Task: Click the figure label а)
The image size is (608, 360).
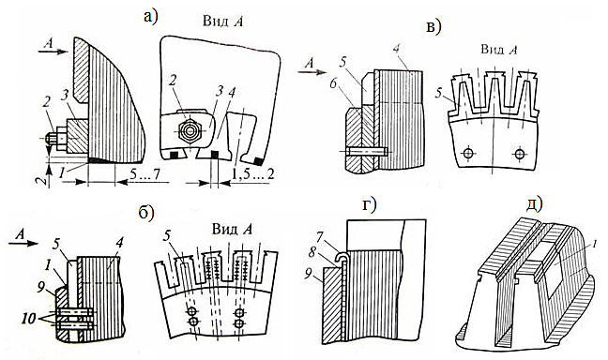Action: click(151, 17)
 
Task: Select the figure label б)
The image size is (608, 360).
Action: click(146, 212)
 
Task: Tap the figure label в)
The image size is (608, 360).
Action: click(433, 27)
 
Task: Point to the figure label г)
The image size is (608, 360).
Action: click(370, 206)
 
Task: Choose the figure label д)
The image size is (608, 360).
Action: click(534, 204)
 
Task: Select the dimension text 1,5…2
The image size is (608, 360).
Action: click(252, 174)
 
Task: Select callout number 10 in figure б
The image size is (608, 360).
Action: click(33, 319)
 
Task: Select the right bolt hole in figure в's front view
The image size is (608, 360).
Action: click(519, 153)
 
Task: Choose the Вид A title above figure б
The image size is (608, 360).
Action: click(232, 229)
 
